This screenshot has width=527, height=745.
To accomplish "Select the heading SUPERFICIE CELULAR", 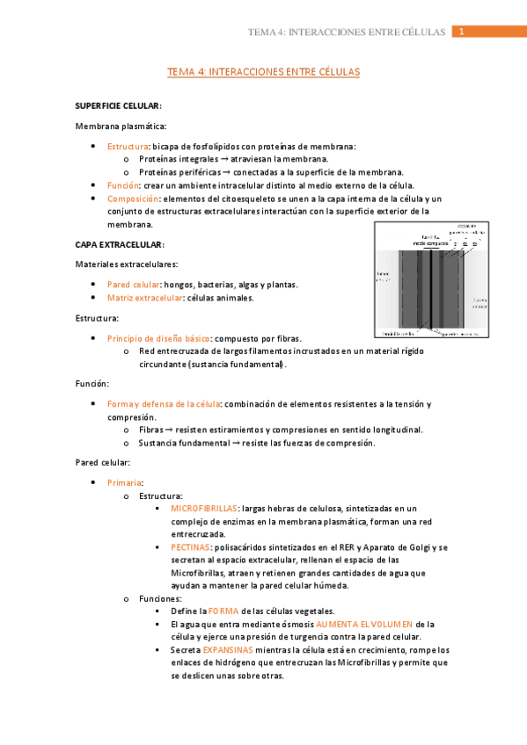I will tap(117, 105).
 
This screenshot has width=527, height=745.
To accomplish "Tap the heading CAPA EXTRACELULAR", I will tap(119, 243).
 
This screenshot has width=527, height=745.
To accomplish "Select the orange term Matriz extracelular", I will tap(137, 297).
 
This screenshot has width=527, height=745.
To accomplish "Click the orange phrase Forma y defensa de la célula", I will tap(164, 403).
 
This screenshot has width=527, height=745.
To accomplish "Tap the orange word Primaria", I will tap(123, 482).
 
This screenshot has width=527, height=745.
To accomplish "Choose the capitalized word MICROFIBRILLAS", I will tap(204, 508).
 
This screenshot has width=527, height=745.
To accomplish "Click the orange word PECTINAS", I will tap(190, 546).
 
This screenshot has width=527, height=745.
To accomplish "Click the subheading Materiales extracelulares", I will tap(127, 264).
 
